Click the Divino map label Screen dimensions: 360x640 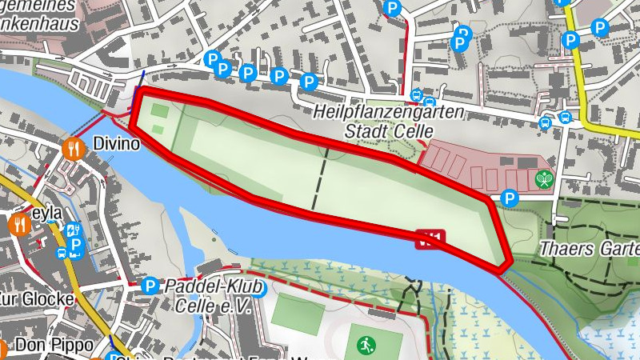point(116,145)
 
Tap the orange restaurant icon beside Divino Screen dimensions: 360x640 point(74,147)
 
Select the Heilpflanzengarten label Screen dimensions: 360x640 point(388,113)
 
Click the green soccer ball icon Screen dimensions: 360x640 point(366,346)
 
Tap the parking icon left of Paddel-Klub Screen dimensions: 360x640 point(148,286)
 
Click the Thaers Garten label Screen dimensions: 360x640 point(589,248)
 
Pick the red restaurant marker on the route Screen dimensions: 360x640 point(430,238)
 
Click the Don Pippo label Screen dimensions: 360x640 point(52,346)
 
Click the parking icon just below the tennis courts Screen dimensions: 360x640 point(508,198)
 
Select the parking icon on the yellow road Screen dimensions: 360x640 point(570,40)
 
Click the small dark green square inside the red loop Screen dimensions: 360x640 point(160,111)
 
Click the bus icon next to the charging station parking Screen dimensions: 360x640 point(62,253)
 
